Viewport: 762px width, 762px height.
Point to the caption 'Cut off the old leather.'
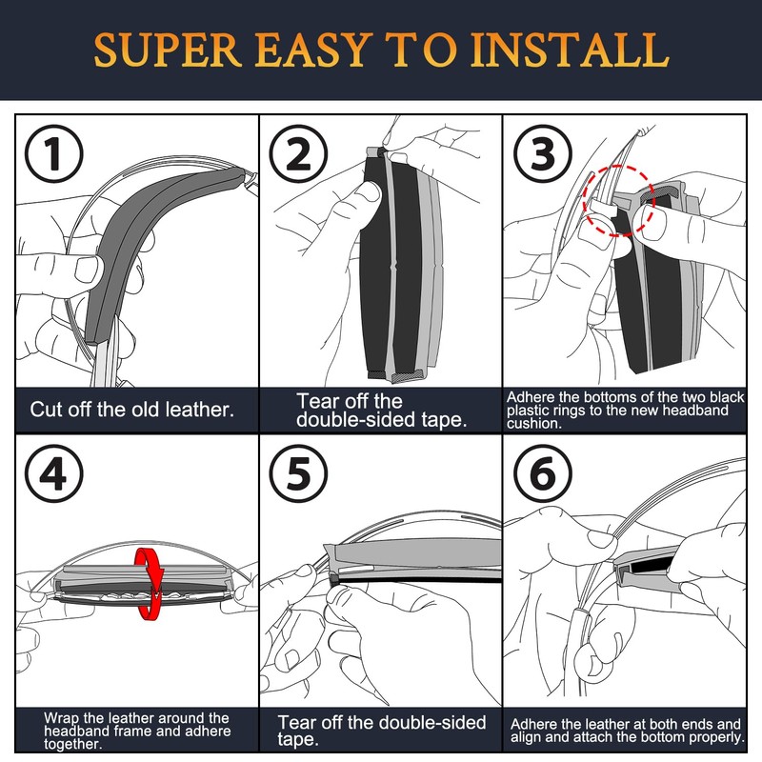[x=133, y=411]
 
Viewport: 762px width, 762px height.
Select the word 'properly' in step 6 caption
[x=712, y=737]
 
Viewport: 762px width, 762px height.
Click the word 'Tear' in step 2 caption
[x=317, y=401]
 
